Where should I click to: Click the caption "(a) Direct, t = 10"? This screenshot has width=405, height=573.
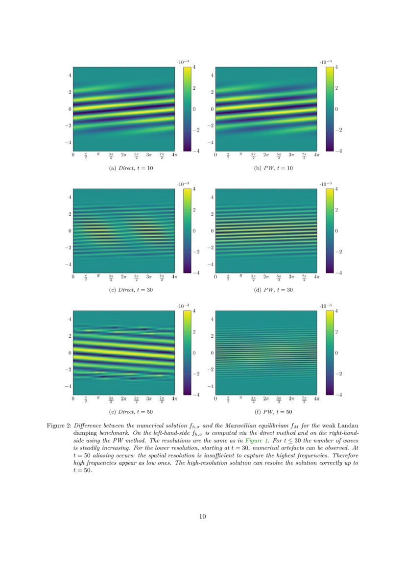click(123, 168)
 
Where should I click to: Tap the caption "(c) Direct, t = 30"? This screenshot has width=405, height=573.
click(123, 290)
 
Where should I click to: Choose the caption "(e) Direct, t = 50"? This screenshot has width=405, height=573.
click(123, 412)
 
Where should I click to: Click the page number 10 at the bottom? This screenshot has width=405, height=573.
click(202, 516)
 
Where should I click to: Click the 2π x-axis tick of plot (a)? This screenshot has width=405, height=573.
click(123, 155)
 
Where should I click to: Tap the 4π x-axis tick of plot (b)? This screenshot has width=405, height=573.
click(316, 155)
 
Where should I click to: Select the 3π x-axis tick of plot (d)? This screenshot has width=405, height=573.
click(291, 277)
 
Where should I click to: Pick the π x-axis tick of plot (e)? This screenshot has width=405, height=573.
click(98, 399)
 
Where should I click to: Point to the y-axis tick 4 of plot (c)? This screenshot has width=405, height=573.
click(70, 197)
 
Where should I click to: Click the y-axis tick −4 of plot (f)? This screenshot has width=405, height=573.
click(211, 386)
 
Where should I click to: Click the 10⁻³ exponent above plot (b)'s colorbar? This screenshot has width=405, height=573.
click(325, 62)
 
